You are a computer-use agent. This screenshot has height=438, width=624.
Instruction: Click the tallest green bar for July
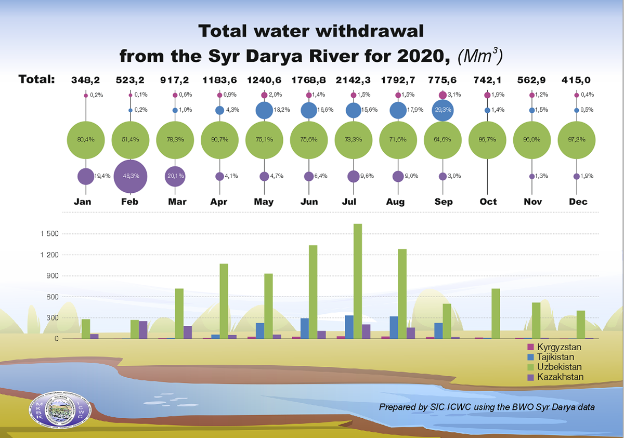[x=358, y=281]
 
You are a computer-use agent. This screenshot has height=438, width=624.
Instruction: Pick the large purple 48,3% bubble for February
[x=129, y=176]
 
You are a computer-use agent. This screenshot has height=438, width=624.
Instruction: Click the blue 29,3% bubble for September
[x=442, y=110]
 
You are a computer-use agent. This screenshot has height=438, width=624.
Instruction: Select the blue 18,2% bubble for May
[x=264, y=110]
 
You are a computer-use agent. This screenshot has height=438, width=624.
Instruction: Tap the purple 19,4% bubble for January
[x=85, y=176]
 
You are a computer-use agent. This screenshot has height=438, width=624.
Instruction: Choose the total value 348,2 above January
[x=85, y=80]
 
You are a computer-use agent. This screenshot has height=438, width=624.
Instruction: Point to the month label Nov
[x=532, y=202]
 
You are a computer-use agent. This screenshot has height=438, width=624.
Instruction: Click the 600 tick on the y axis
[x=53, y=297]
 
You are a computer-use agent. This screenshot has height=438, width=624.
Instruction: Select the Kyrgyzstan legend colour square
[x=530, y=347]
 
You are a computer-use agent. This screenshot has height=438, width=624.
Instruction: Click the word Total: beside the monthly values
[x=37, y=80]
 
